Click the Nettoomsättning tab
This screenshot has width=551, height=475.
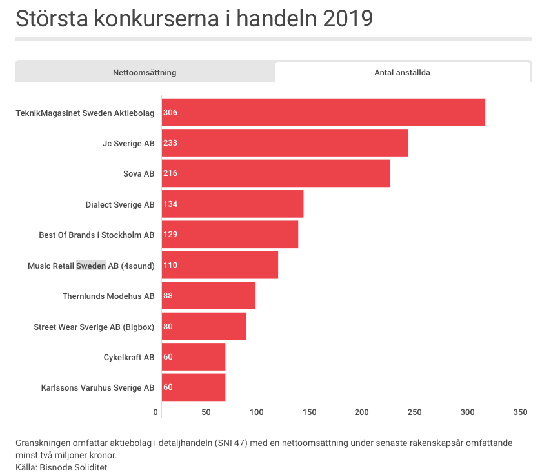coord(145,72)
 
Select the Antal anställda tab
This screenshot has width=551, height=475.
coord(402,72)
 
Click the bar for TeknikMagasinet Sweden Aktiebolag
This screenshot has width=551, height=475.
coord(323,112)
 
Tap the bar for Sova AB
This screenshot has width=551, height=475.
coord(275,173)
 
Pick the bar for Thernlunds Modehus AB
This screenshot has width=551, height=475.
coord(208,296)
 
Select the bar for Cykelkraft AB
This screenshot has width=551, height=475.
coord(193,357)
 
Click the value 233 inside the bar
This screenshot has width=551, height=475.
coord(170,143)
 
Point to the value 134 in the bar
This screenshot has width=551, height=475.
coord(170,204)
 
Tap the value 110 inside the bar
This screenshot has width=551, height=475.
coord(170,266)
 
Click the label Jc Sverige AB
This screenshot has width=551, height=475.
coord(128,143)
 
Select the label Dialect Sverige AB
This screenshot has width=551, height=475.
coord(120,204)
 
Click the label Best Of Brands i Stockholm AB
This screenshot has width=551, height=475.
coord(97,235)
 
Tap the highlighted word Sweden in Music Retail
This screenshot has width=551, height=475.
coord(91,266)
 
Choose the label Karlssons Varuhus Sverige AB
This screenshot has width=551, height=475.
coord(97,388)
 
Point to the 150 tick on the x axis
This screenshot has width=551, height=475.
coord(309,412)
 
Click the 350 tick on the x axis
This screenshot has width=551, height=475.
coord(520,412)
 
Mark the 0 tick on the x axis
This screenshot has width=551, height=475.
coord(155,412)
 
